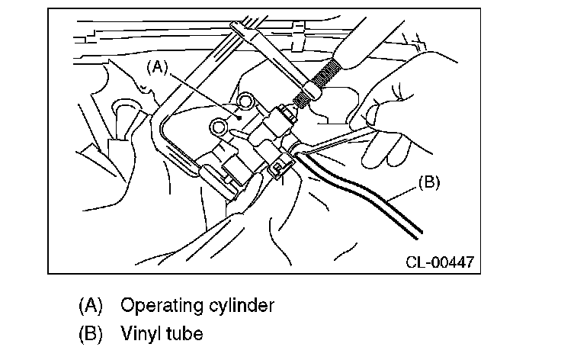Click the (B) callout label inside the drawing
click(x=429, y=183)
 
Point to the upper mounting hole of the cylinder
click(x=246, y=101)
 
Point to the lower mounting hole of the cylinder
click(x=220, y=125)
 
